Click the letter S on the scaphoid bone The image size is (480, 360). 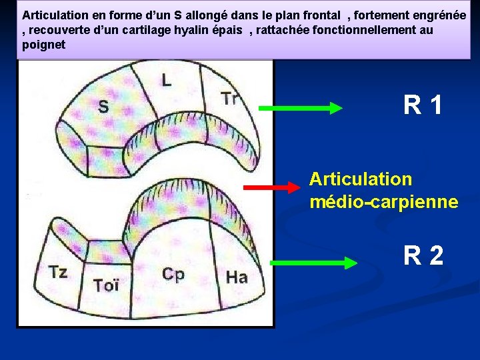[x=104, y=107]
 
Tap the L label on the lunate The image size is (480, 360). [x=166, y=81]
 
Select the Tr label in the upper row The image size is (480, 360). [x=230, y=99]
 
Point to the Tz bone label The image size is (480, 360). [x=58, y=272]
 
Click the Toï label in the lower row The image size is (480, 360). [x=106, y=285]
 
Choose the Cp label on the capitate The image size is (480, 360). [x=173, y=275]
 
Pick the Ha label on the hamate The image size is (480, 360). [x=237, y=277]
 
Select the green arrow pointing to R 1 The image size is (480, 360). [x=300, y=107]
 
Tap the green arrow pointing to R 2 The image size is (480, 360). [x=314, y=263]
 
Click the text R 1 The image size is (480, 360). [x=423, y=105]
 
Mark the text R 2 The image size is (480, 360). [x=423, y=255]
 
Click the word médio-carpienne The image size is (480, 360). [x=383, y=201]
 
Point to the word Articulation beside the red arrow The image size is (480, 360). [x=361, y=179]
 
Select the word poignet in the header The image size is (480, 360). [x=44, y=45]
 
